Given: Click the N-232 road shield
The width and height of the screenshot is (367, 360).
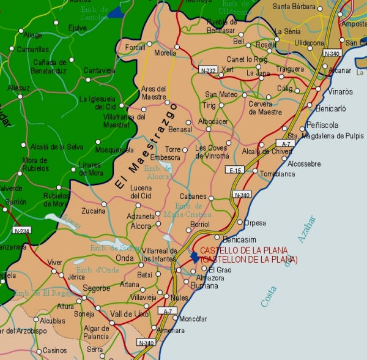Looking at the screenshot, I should pos(208,70).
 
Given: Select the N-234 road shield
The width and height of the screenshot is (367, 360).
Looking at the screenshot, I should pos(20,230).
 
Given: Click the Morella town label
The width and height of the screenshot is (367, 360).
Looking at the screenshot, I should pos(165,53).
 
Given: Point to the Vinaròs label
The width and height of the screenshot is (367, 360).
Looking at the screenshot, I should pos(341,92).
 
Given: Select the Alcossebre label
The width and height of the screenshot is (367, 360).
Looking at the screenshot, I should pos(304,164).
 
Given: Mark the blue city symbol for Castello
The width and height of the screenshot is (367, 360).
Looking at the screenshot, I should pos(195,257).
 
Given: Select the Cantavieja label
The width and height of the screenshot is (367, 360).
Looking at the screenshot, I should pos(100,70).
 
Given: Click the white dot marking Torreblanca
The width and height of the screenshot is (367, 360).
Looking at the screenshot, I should pos(255,171).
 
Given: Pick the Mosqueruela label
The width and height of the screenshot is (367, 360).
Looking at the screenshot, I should pos(114,149).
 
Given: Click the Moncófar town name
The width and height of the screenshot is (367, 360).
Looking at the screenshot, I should pos(195,319).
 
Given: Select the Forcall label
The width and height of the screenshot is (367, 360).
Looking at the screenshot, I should pos(135,47).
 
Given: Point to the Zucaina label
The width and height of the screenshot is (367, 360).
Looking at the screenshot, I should pos(94,211).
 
